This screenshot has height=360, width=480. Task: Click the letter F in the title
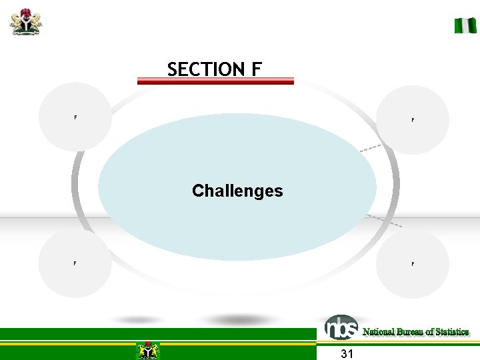(257, 69)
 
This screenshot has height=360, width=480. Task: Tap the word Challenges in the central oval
(237, 191)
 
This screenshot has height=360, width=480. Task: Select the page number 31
(347, 353)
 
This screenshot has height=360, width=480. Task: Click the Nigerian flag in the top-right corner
(465, 26)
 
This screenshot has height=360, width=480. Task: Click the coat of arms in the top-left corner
(26, 21)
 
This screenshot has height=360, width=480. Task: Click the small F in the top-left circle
(75, 118)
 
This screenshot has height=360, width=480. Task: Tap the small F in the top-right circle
(413, 121)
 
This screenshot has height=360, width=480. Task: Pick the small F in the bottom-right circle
(413, 265)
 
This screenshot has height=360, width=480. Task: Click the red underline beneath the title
(215, 81)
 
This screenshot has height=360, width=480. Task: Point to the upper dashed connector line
(370, 148)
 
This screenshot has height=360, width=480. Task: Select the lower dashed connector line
(385, 221)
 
